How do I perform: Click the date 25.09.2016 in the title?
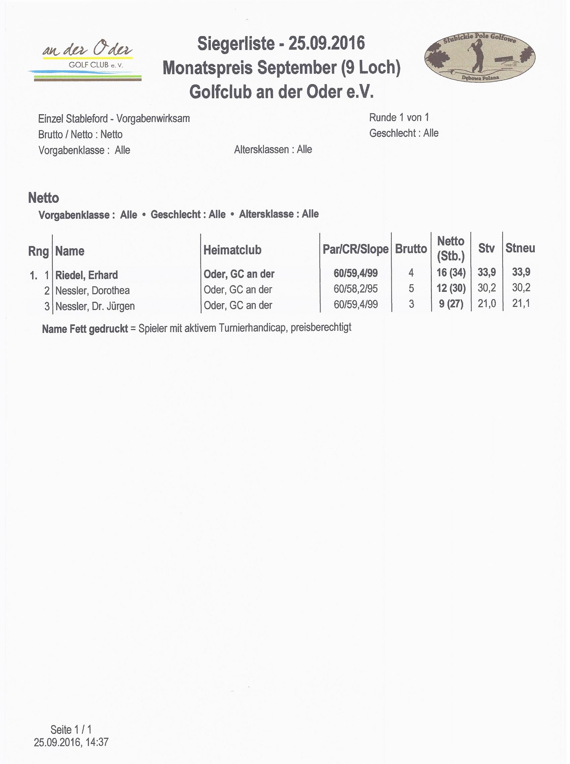tap(326, 44)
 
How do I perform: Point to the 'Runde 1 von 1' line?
tap(399, 118)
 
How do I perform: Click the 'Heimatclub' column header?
tap(232, 250)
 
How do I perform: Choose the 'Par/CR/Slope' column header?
tap(355, 249)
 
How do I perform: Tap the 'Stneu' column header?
tap(520, 248)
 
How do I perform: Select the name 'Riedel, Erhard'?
tap(87, 275)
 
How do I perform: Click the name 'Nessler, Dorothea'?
tap(93, 291)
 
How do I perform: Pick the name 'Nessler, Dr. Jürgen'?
tap(95, 306)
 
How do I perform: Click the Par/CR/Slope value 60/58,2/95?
tap(355, 289)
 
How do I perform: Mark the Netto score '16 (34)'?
tap(451, 273)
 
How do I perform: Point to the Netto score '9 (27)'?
tap(451, 304)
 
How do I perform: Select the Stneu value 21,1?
tap(521, 303)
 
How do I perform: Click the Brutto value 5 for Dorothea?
tap(411, 289)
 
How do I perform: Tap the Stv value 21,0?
tap(487, 303)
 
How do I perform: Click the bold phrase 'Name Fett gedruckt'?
tap(85, 329)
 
